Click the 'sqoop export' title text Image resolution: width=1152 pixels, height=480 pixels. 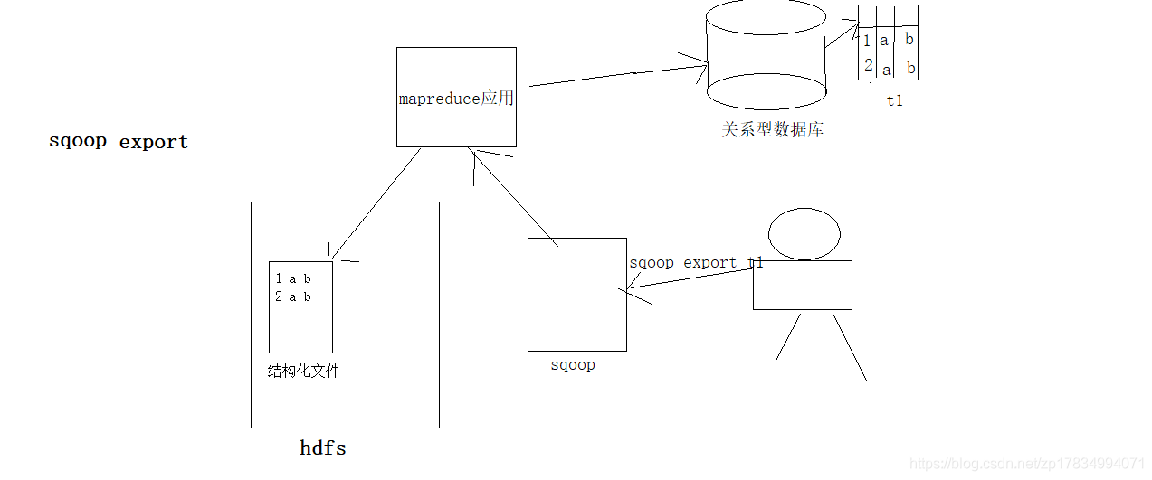point(119,142)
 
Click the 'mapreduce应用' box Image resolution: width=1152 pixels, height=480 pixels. point(456,98)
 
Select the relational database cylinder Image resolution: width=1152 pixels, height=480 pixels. point(766,54)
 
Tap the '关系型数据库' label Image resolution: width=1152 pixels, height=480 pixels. point(772,129)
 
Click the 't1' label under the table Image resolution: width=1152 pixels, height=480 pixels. point(894,101)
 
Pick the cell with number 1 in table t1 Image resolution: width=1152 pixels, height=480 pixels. point(867,41)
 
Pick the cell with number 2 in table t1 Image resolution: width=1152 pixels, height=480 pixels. point(868,65)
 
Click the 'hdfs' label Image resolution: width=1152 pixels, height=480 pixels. point(323,448)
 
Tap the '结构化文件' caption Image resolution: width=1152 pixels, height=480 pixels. point(304,371)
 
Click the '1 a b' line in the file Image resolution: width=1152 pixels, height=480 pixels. point(293,279)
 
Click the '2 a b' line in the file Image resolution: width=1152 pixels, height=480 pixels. point(293,296)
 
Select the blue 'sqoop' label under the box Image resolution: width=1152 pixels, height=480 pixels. point(573,365)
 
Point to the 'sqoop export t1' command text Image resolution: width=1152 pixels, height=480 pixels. point(696,263)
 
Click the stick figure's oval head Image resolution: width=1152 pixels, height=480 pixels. point(804,234)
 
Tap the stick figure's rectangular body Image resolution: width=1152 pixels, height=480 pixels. point(802,285)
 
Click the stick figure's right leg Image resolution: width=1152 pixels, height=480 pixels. point(850,347)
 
